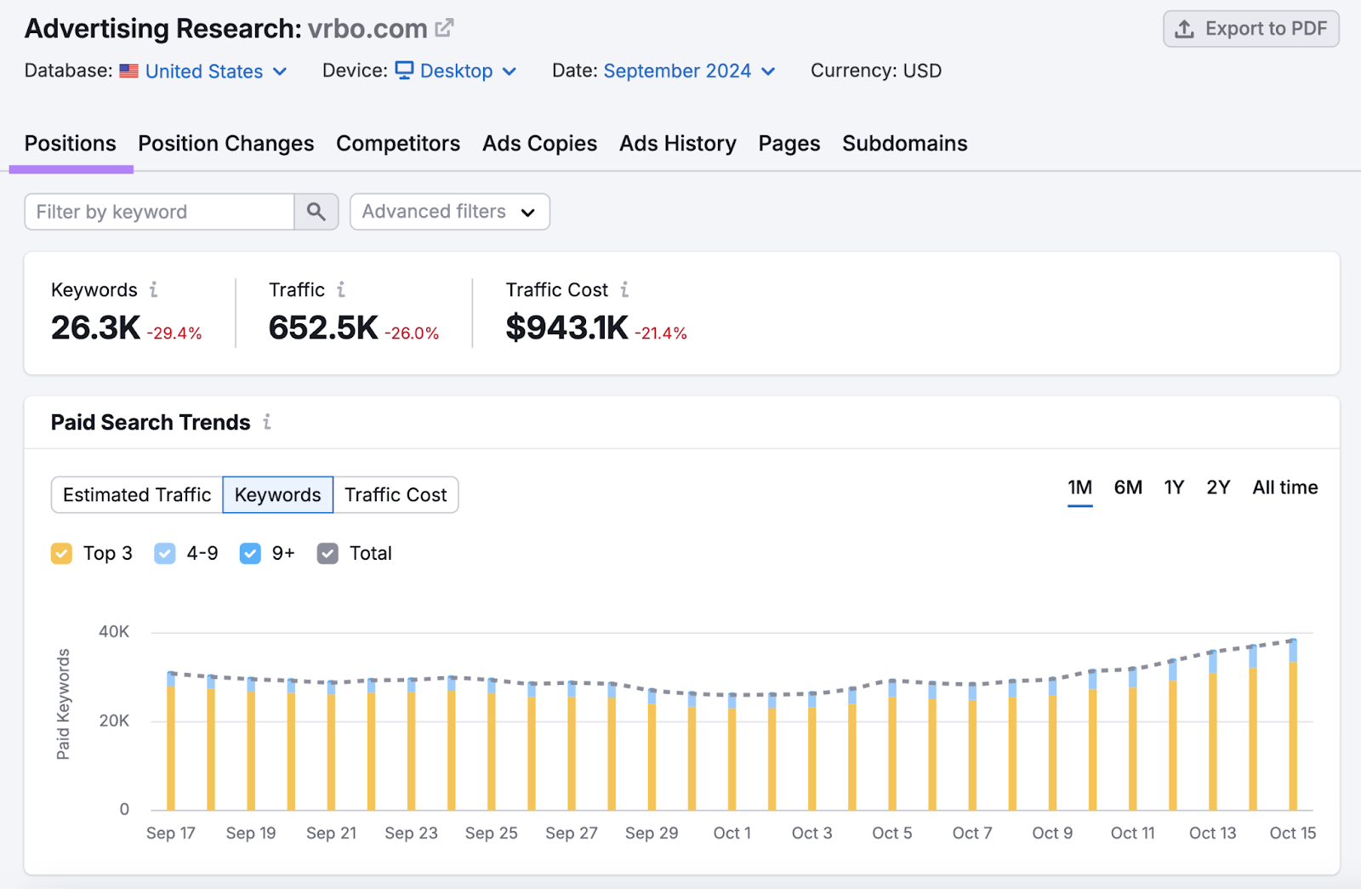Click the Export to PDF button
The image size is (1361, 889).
(1250, 29)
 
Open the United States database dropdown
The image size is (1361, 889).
(204, 71)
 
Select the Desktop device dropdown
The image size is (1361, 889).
(457, 71)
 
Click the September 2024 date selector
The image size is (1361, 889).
(678, 71)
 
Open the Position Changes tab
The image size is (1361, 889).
(226, 144)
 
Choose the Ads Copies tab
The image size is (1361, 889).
(539, 144)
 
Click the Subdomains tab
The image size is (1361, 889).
(904, 144)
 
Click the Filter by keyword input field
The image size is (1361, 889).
(160, 212)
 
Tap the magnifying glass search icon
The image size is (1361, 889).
(316, 212)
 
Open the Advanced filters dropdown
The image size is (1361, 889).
(449, 212)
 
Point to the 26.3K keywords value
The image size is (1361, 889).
(95, 328)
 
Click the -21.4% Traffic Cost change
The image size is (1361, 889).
(661, 333)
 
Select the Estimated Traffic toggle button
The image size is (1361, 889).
(137, 495)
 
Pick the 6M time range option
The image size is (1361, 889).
(1128, 487)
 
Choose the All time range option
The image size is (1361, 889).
(1284, 487)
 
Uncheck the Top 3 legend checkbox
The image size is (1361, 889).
(61, 554)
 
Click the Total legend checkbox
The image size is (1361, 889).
(327, 554)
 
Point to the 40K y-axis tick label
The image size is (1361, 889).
(114, 632)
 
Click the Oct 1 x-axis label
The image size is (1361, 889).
(732, 834)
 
